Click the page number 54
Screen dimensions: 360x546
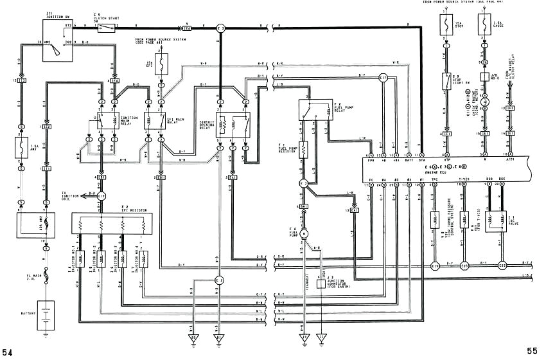(x=8, y=352)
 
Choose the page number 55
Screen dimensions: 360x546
(x=532, y=350)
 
